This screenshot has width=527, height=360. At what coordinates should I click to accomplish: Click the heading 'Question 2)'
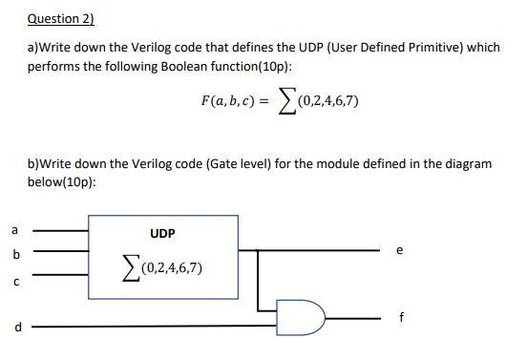click(61, 18)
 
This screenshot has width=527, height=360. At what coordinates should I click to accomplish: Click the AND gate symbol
click(297, 314)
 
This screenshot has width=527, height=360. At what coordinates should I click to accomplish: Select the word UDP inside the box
click(162, 233)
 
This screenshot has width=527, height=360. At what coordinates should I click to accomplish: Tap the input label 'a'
click(13, 229)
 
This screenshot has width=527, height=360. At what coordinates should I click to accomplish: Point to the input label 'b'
click(13, 255)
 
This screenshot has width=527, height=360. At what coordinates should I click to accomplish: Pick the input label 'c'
click(13, 282)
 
